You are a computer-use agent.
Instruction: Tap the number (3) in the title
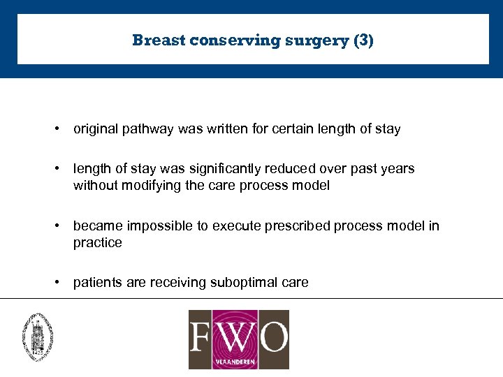pos(363,40)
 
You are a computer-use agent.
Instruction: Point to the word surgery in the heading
pos(317,40)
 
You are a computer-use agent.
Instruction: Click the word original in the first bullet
pos(94,129)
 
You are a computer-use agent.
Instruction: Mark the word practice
pos(97,243)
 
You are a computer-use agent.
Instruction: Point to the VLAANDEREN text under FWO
pos(238,361)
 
